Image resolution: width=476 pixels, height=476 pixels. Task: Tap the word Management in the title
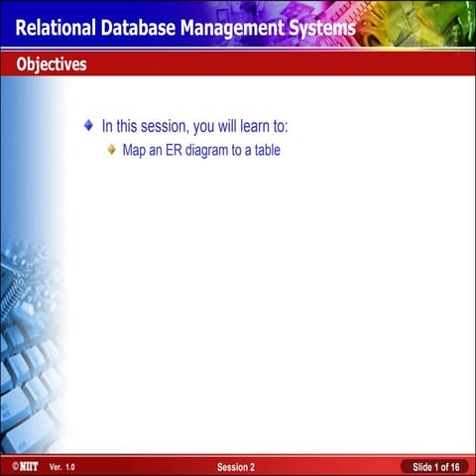click(x=234, y=28)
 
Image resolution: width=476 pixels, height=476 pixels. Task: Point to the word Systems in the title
click(x=322, y=28)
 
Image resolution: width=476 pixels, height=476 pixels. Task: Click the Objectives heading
click(x=51, y=65)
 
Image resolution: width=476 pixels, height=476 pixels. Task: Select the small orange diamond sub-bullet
click(x=112, y=152)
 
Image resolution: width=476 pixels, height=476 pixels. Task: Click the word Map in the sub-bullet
click(x=134, y=153)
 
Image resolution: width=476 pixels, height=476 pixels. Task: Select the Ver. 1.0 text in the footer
click(x=61, y=466)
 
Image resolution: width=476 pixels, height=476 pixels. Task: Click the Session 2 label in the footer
click(x=236, y=466)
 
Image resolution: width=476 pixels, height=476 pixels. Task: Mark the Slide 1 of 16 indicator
click(x=435, y=466)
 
